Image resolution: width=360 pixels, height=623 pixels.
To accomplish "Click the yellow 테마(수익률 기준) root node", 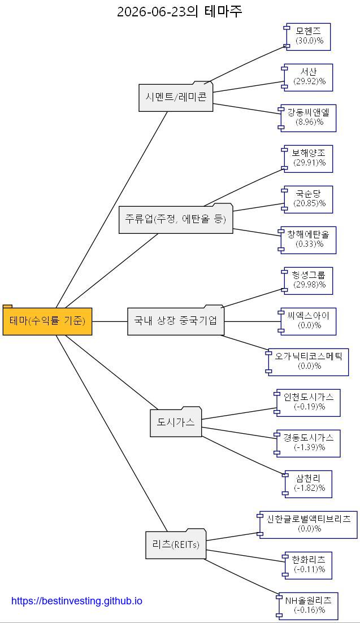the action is tap(47, 320).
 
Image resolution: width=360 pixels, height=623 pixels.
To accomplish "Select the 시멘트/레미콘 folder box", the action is tap(176, 97).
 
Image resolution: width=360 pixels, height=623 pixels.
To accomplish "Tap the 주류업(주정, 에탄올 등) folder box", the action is tap(176, 219).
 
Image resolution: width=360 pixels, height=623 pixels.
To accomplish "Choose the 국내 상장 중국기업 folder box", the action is tap(176, 320).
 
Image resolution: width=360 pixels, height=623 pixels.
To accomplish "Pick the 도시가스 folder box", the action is tap(176, 422).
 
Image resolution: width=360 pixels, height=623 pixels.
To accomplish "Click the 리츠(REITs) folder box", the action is tap(176, 544).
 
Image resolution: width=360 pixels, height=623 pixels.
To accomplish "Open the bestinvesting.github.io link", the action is tap(77, 601).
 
